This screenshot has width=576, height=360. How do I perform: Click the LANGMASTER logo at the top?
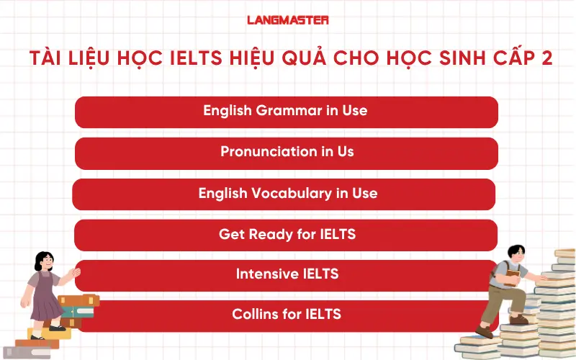pos(288,20)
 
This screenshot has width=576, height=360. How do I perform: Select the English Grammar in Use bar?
pos(286,112)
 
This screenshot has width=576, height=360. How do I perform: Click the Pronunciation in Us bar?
pos(286,153)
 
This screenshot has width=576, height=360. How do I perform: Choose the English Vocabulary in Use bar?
pos(284,194)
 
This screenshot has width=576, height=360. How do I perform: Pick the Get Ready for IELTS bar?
pos(286,235)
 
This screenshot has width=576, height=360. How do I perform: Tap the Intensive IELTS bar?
pos(286,274)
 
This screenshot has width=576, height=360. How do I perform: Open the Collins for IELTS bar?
pos(286,315)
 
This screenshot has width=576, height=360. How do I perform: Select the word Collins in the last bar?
pos(254,315)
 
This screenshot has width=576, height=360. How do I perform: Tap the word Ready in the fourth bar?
pos(267,235)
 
